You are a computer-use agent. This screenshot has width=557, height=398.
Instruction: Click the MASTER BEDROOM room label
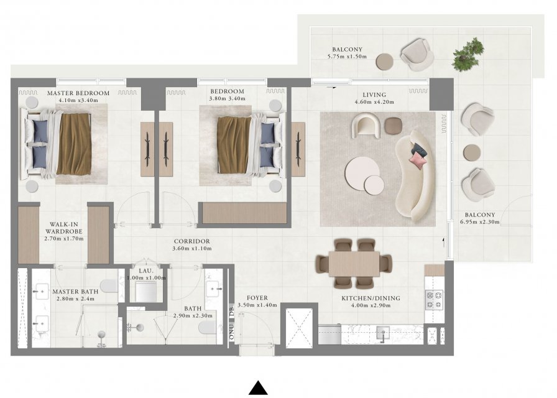point(78,93)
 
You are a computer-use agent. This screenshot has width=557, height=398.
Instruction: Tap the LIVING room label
point(374,95)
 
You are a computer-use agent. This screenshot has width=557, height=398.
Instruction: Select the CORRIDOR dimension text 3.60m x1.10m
point(192,248)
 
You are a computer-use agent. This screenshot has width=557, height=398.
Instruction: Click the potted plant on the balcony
point(468,55)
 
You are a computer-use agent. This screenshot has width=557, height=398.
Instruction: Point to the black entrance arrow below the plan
point(258,387)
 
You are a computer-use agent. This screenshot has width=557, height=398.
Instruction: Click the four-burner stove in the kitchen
point(434,300)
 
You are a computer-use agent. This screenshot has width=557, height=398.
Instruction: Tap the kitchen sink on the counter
point(383,334)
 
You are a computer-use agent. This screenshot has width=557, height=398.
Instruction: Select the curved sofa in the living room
point(413,176)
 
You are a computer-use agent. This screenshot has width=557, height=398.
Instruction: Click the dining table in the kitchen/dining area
point(354,264)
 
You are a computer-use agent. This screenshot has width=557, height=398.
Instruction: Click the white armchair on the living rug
point(366,125)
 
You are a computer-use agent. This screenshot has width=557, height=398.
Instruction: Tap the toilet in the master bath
point(109,285)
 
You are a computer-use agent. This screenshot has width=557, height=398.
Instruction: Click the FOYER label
point(257,298)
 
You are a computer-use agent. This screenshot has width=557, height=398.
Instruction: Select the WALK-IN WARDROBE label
point(64,228)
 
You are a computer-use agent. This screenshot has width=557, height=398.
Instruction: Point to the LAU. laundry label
point(145,271)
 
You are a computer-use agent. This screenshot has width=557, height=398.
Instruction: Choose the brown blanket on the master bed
point(74,144)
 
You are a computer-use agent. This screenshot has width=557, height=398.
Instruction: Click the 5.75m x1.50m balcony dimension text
point(347,57)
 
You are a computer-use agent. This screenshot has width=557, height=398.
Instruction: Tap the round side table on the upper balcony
point(385,62)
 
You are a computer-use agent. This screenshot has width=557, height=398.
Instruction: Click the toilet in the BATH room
point(207,328)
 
